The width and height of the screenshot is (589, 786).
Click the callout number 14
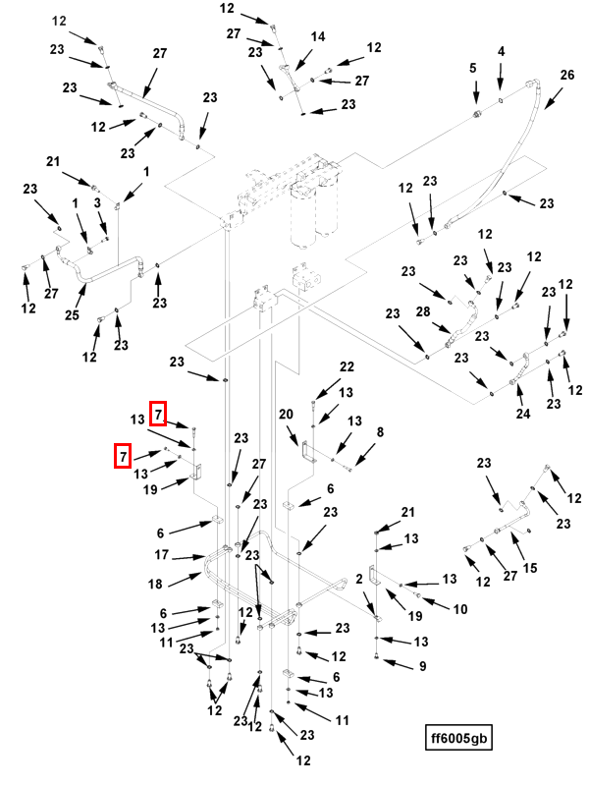click(x=318, y=36)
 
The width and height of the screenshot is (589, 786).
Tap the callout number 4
click(x=501, y=51)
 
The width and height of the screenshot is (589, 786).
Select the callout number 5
click(x=472, y=68)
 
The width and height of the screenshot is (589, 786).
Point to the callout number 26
click(x=566, y=76)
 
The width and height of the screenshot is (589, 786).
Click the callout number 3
click(x=97, y=202)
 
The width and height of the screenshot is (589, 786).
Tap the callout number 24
click(x=523, y=414)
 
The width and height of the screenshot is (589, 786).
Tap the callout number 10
click(x=458, y=609)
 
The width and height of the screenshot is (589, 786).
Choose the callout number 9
click(x=422, y=666)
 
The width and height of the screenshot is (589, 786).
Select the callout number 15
click(x=529, y=568)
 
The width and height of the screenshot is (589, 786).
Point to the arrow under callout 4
click(x=501, y=81)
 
